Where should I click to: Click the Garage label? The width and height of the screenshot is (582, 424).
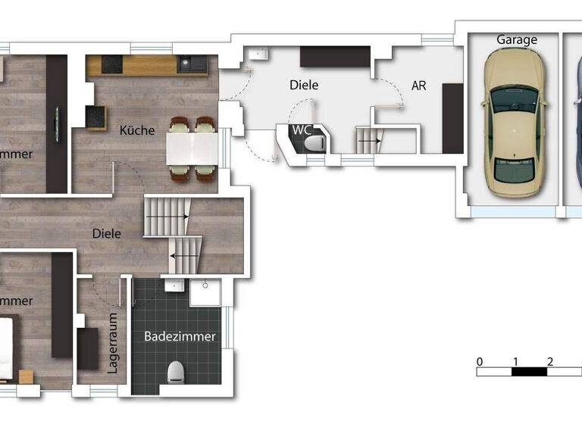pos(516,39)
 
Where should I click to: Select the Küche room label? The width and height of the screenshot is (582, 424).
pos(137,130)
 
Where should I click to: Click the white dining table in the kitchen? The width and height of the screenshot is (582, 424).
pos(193,148)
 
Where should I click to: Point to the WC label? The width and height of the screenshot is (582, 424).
pos(302,129)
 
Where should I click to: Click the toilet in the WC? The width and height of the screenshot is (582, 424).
pos(318,142)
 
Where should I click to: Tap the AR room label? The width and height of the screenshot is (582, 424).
pos(418,86)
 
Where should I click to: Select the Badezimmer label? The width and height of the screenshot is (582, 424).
pos(180,336)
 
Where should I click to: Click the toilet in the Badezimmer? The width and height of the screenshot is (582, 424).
pos(177,371)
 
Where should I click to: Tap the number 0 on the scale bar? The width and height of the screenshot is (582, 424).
pos(480,361)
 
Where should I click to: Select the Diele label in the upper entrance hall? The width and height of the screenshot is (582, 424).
pos(303,86)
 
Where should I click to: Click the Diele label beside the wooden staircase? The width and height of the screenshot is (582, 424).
pos(107,233)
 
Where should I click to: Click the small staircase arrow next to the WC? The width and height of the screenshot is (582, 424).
pos(368,141)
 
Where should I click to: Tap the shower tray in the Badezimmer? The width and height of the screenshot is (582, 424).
pos(205,292)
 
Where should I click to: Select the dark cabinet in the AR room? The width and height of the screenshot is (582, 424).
pos(452,118)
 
